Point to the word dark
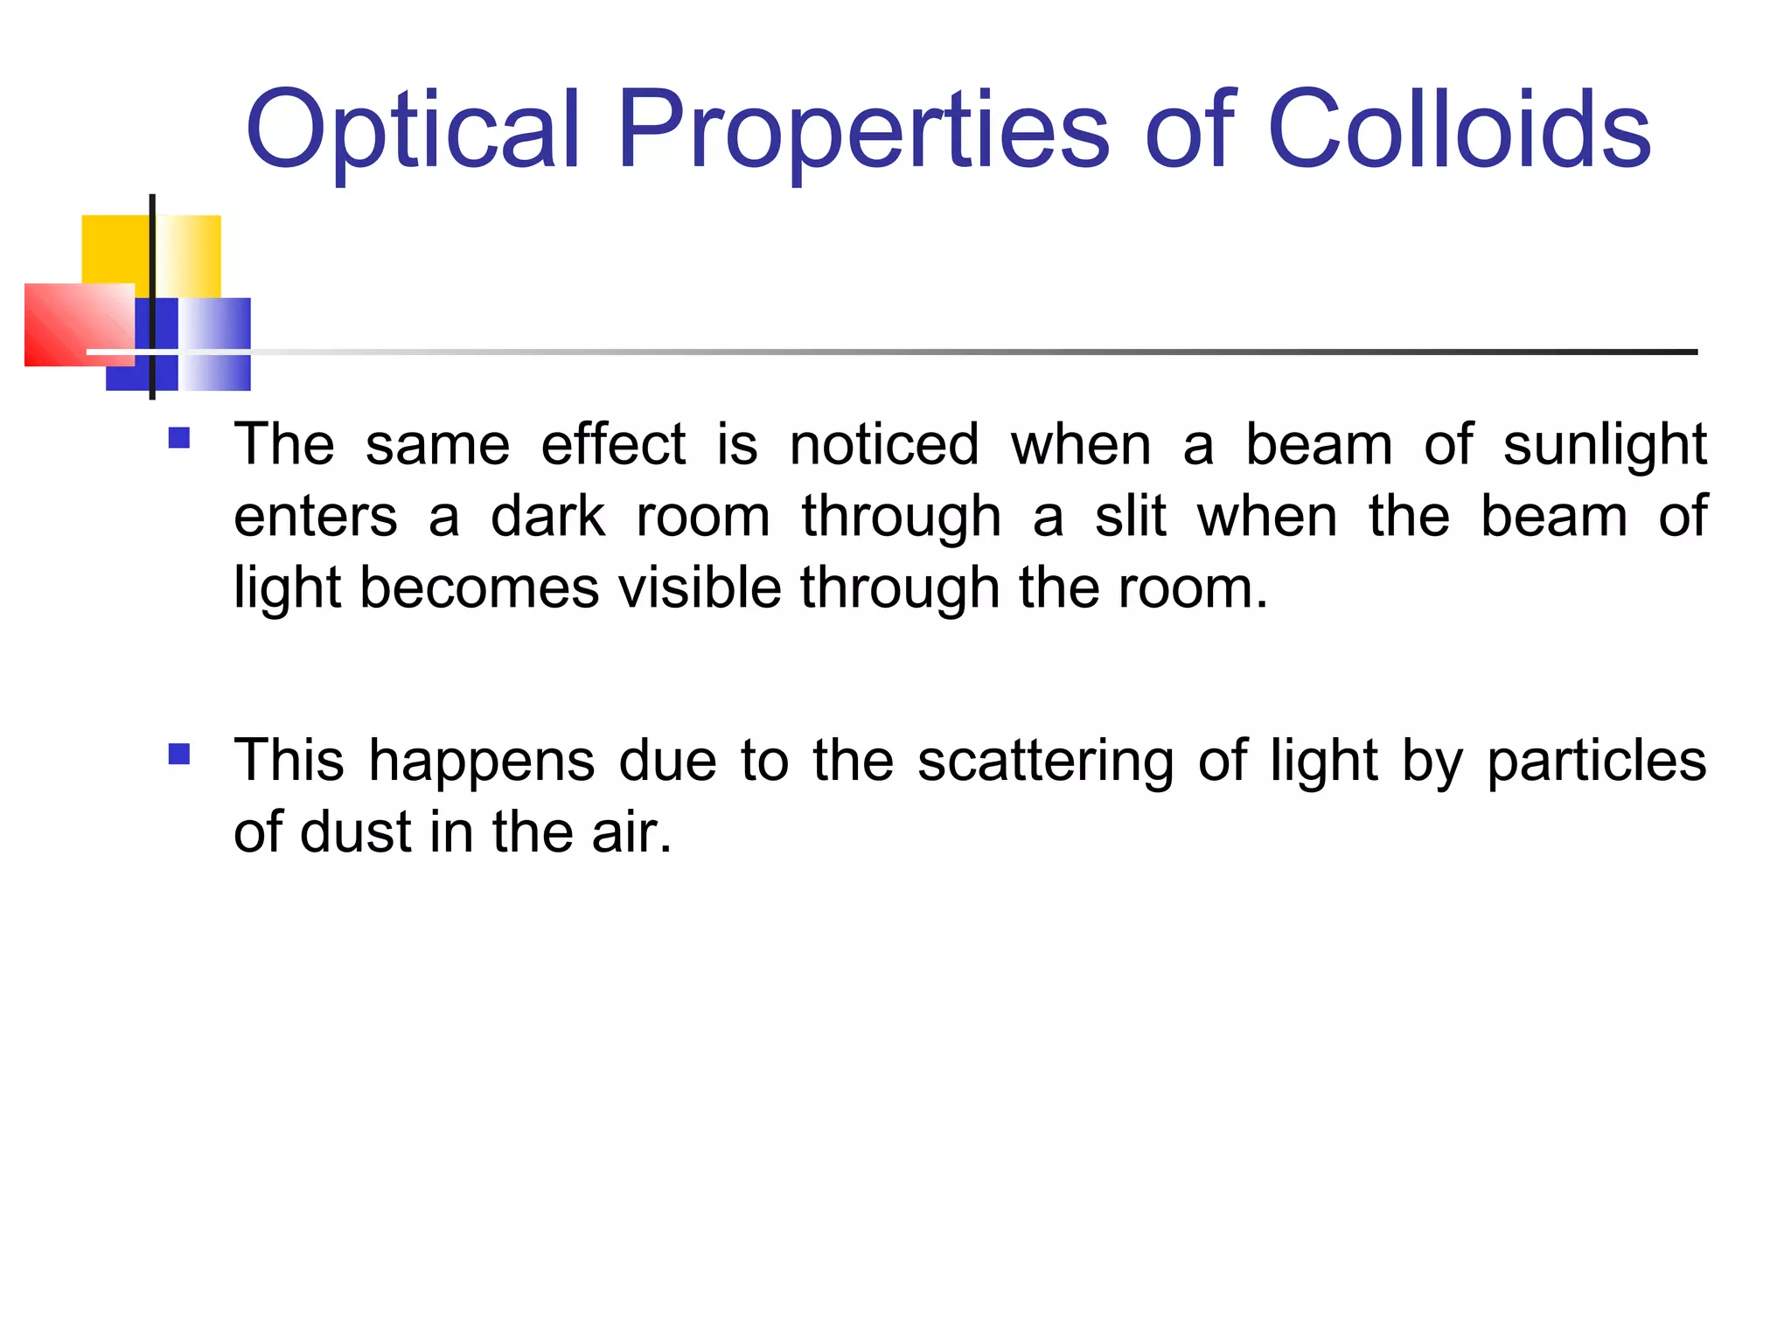point(547,516)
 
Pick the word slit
point(1130,516)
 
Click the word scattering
point(1045,761)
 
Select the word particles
point(1596,761)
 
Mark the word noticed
point(884,444)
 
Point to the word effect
point(613,444)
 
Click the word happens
point(482,761)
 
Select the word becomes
point(479,587)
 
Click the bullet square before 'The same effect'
point(179,437)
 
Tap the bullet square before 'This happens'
point(179,753)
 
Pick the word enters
point(315,517)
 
